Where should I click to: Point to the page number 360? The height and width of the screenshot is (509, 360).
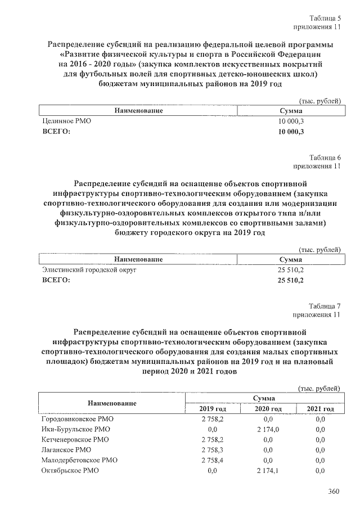[334, 492]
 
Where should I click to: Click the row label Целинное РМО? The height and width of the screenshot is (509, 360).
[66, 121]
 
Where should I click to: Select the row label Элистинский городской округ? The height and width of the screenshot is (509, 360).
[89, 270]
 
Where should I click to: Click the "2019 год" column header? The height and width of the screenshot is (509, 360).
[213, 409]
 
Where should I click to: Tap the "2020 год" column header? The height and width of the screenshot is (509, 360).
[268, 409]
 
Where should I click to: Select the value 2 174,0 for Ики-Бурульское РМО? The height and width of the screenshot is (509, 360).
[268, 430]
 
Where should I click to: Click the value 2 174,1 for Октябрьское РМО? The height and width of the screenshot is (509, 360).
[268, 470]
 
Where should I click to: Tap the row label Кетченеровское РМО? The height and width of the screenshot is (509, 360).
[75, 440]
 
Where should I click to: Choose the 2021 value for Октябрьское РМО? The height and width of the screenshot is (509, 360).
[321, 470]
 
